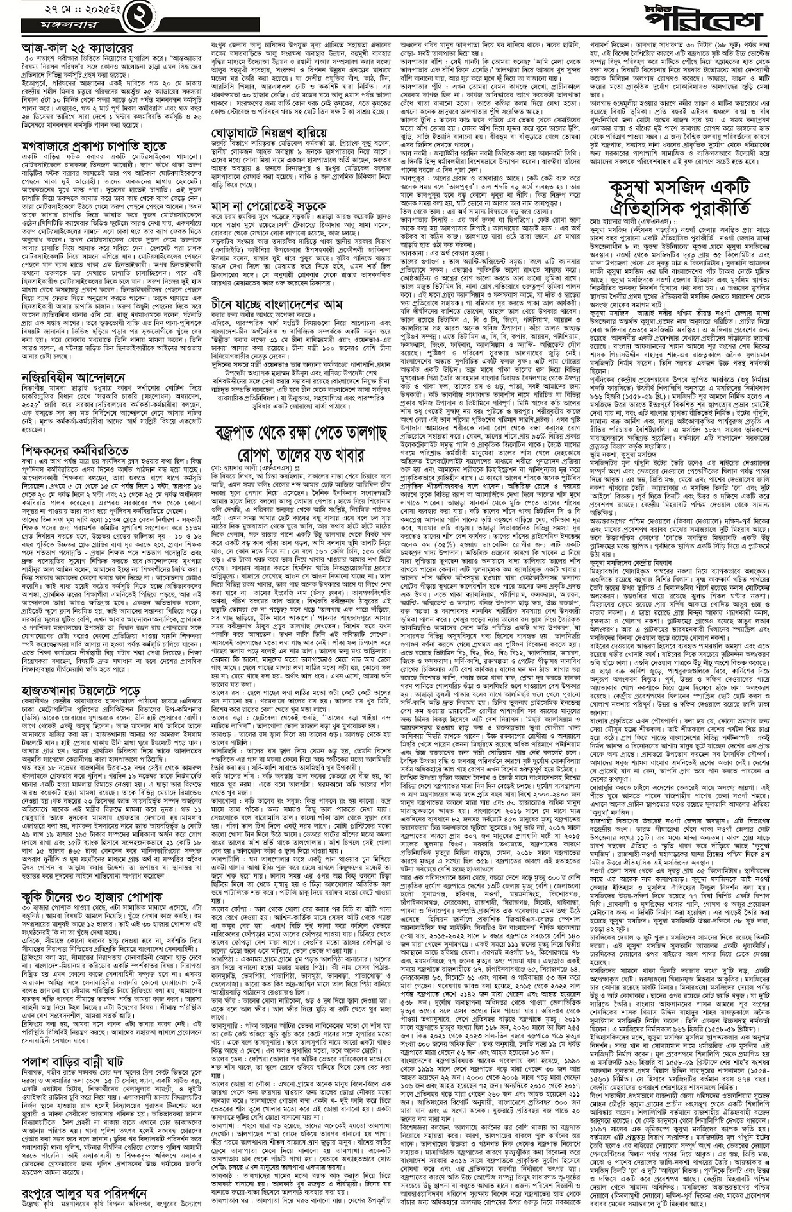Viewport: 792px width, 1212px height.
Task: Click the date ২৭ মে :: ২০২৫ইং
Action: click(60, 11)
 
